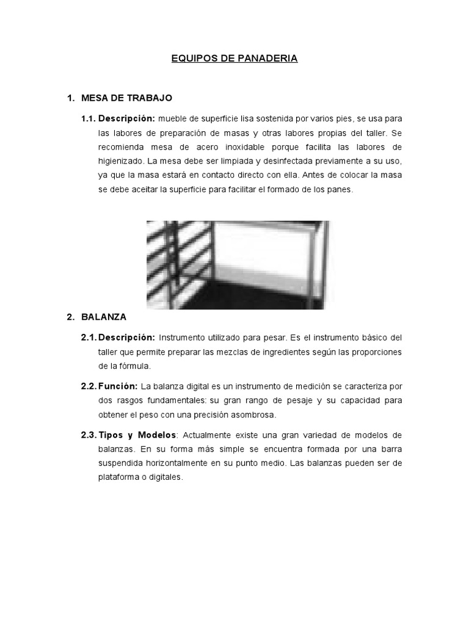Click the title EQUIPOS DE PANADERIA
click(x=234, y=59)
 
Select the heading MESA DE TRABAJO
click(x=126, y=98)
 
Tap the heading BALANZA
click(x=104, y=317)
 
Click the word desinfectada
click(x=255, y=161)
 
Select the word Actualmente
click(x=209, y=435)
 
